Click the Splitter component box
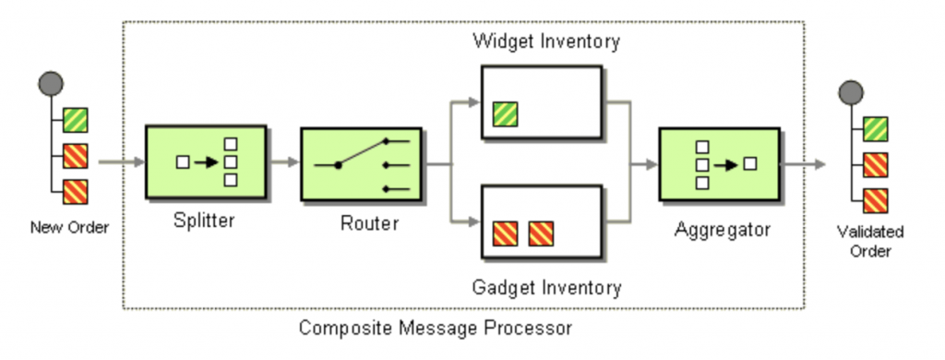(206, 162)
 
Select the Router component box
(361, 164)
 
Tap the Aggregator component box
(719, 164)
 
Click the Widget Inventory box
(543, 102)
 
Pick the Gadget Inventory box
(543, 222)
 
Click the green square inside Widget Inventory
(505, 114)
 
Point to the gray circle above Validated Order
(850, 91)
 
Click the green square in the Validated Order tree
(875, 128)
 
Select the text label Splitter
(205, 222)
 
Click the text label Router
(368, 223)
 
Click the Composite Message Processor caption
(436, 327)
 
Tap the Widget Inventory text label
(545, 42)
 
